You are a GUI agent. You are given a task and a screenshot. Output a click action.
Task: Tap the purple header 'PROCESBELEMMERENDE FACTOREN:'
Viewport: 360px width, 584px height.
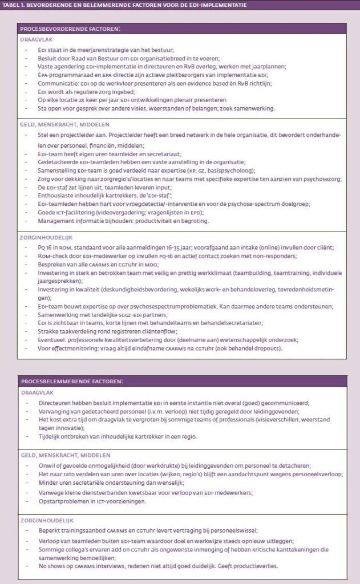point(72,380)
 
